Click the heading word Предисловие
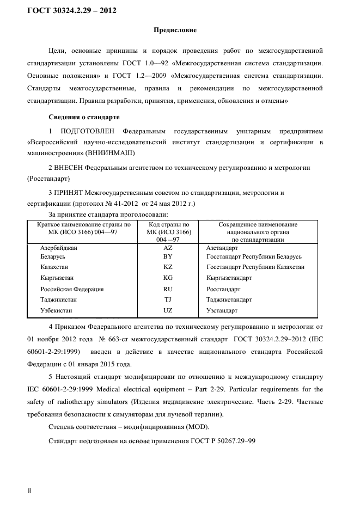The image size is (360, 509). (175, 30)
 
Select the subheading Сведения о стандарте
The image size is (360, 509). (84, 117)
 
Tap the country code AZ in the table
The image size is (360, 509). (168, 247)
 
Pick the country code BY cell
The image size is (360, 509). (168, 256)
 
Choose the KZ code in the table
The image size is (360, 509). (168, 267)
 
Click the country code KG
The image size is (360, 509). (168, 278)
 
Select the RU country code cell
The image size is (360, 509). (168, 289)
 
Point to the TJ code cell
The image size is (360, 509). (168, 300)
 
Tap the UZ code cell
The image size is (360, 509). (168, 310)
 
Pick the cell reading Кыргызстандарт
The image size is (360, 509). (229, 278)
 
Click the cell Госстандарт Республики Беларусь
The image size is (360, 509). (254, 256)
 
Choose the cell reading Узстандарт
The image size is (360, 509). (222, 310)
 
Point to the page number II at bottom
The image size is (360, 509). (29, 491)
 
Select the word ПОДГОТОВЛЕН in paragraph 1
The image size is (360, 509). (88, 131)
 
